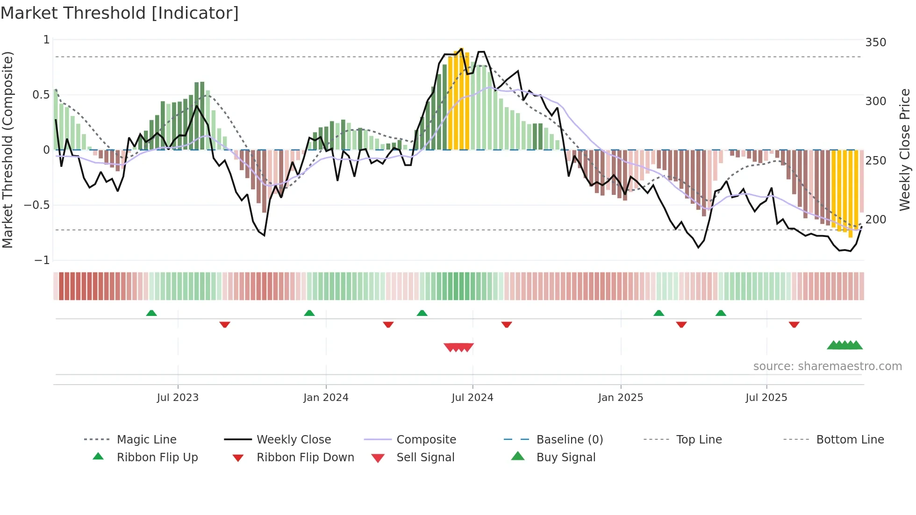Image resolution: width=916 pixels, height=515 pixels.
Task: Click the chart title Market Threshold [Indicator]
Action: point(120,13)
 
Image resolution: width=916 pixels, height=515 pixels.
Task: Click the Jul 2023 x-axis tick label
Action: point(178,398)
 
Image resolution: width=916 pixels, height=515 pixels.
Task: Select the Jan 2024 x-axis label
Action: point(326,398)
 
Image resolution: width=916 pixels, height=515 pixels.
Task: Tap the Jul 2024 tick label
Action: point(472,398)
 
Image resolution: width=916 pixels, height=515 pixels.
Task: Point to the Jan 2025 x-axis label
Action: point(621,398)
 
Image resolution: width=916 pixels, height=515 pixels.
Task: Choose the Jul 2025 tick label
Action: point(766,398)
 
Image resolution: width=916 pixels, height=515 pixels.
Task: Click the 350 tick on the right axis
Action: point(875,43)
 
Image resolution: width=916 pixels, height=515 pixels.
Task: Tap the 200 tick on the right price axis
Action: point(875,220)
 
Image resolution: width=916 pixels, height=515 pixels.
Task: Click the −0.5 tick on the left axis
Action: point(37,205)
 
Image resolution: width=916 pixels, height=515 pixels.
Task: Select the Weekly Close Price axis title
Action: point(905,150)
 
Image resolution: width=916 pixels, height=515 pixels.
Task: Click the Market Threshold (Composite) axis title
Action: point(7,150)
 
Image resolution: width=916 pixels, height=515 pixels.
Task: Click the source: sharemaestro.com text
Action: point(827,366)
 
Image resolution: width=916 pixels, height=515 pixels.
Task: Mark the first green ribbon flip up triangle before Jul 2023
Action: point(151,313)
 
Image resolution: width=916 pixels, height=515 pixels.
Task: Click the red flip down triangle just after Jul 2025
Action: point(794,324)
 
